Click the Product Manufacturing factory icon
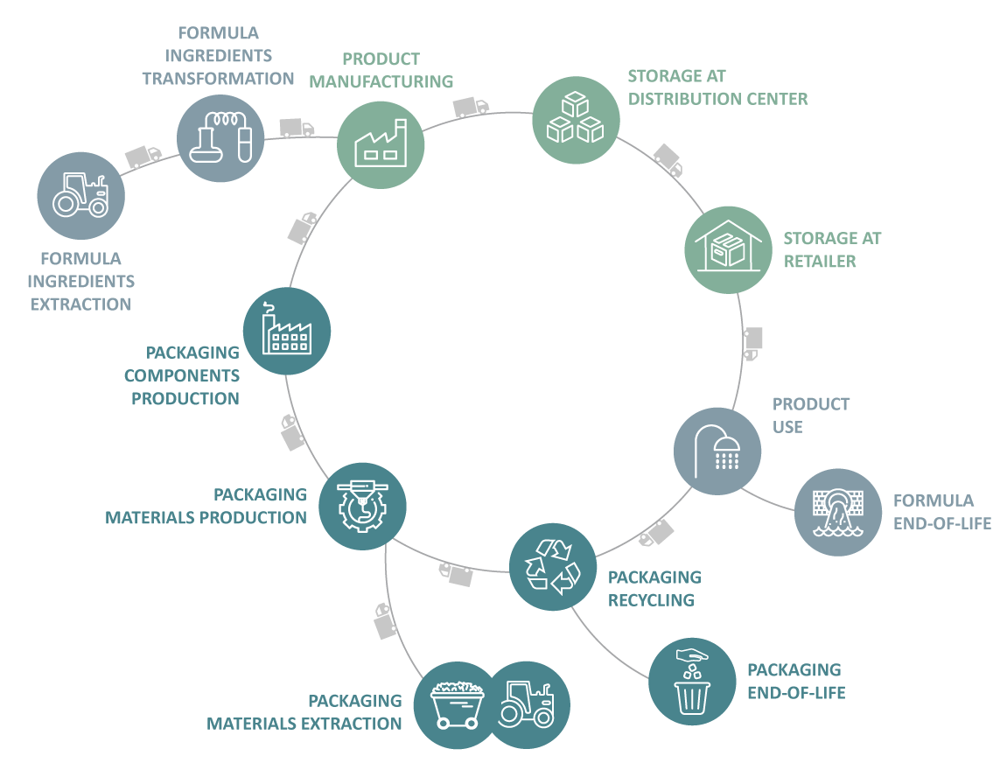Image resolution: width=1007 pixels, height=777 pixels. (x=381, y=145)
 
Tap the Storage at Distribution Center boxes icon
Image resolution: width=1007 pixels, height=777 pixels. (x=576, y=120)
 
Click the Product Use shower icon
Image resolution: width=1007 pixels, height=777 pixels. (x=717, y=451)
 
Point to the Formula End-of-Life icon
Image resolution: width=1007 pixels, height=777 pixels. (x=837, y=512)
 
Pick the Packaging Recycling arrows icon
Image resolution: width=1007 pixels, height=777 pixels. (x=552, y=566)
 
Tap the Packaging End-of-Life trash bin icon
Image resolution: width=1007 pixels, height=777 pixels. (x=691, y=681)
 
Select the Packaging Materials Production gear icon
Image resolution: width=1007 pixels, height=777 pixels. (x=361, y=506)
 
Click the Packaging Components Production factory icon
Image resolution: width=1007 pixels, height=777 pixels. (x=286, y=331)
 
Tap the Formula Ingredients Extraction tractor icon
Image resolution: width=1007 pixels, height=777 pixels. (x=81, y=196)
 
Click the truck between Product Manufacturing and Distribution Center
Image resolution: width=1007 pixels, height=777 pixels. (x=470, y=107)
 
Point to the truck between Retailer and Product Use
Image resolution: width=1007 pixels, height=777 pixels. (x=752, y=343)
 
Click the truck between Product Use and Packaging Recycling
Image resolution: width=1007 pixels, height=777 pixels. (x=656, y=533)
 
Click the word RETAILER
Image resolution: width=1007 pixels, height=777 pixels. (x=819, y=261)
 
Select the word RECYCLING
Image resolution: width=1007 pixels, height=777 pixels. (x=651, y=600)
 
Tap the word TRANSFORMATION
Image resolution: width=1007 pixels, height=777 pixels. (x=218, y=79)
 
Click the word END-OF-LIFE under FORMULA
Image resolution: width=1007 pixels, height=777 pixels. (x=941, y=523)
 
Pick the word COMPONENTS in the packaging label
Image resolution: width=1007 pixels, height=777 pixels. (x=181, y=375)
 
